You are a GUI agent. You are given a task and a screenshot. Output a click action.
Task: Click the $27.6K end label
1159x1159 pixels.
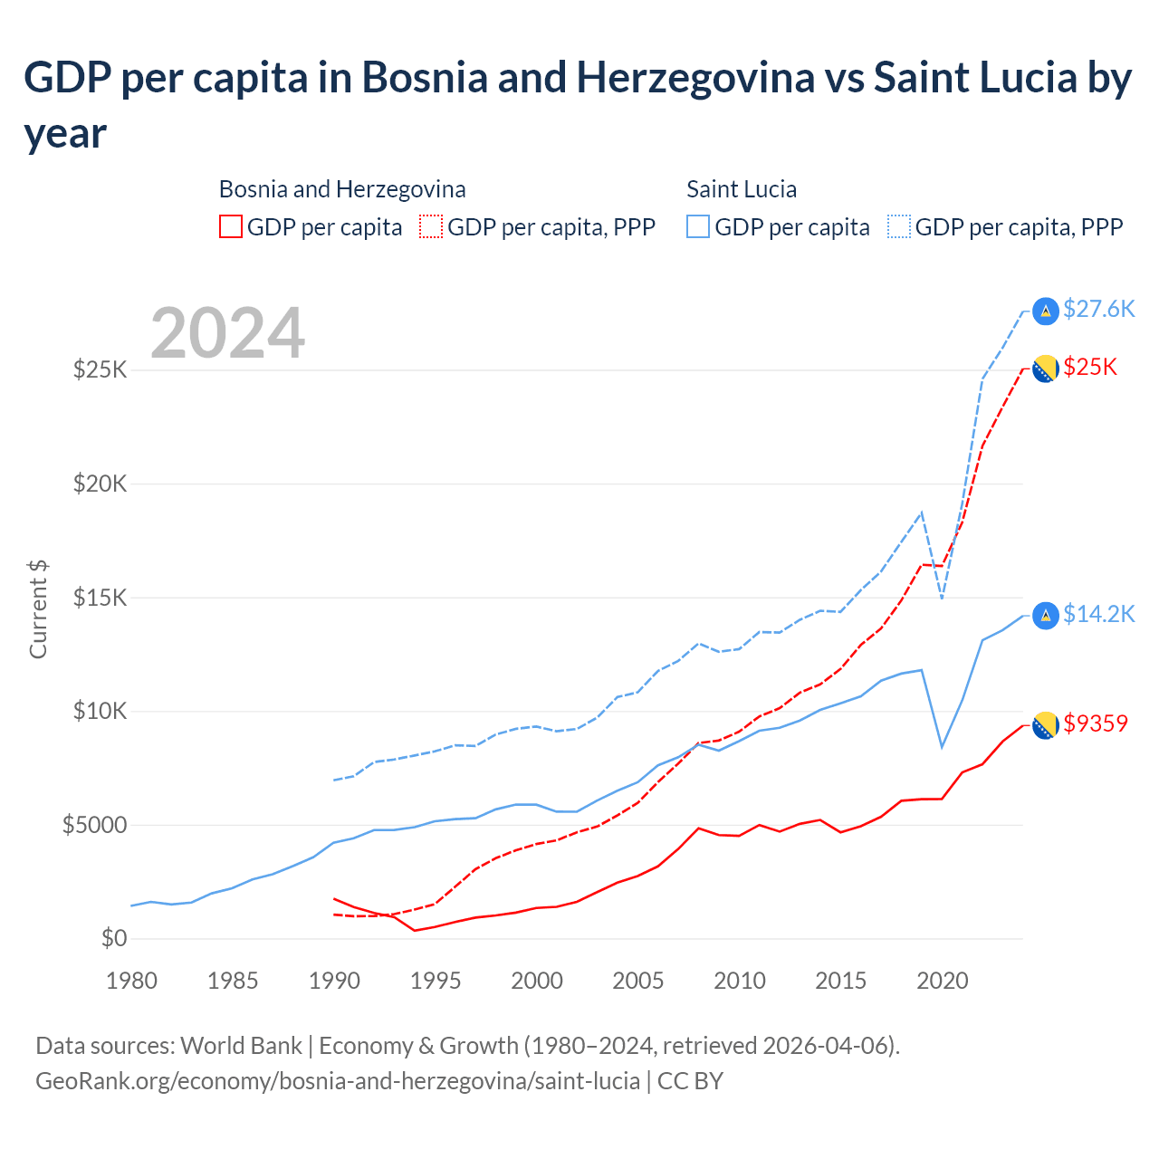(1098, 310)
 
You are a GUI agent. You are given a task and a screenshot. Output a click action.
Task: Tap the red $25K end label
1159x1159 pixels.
(1090, 367)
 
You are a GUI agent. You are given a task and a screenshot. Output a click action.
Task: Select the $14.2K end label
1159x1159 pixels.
(1098, 615)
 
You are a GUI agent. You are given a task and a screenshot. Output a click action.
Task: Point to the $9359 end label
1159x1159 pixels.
(1095, 723)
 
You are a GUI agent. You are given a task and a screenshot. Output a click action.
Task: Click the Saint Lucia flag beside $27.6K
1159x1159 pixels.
(1046, 311)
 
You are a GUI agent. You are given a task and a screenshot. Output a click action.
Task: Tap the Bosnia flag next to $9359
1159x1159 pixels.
(1046, 724)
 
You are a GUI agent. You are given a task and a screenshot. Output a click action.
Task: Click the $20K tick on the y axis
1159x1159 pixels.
(101, 484)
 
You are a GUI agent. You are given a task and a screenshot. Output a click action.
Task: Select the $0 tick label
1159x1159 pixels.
(114, 938)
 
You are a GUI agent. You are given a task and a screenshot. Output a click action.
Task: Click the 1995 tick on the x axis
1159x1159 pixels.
(436, 981)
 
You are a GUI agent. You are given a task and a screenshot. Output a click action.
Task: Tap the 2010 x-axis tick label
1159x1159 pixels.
(740, 981)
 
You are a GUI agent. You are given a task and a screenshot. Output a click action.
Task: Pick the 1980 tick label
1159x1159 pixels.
(131, 981)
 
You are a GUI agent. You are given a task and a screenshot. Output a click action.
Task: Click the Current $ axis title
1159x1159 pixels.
(38, 609)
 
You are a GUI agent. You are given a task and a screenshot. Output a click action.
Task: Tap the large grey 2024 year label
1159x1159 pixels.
(227, 333)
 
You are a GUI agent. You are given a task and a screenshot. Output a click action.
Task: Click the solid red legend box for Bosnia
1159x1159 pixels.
(231, 226)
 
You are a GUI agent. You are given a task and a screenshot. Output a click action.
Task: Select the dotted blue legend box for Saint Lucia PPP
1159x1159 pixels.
(899, 226)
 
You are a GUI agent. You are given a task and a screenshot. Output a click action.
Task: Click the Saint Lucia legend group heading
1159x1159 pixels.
(742, 189)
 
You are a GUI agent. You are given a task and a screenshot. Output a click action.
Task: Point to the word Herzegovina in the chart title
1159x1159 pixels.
(695, 78)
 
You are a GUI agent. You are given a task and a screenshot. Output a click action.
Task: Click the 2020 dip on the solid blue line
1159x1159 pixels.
(943, 747)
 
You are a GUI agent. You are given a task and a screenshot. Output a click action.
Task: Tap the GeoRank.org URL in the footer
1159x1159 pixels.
(337, 1081)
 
